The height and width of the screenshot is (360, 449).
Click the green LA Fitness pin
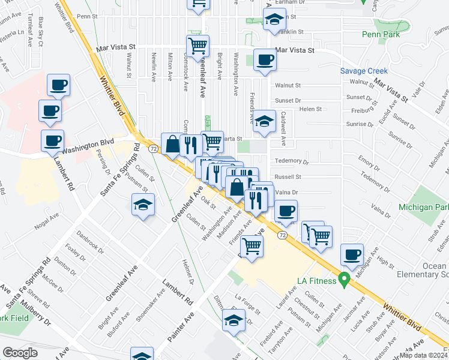click(x=344, y=280)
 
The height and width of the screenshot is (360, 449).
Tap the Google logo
click(x=20, y=353)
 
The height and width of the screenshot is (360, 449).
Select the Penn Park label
click(x=380, y=34)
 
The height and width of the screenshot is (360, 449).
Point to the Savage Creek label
click(x=364, y=71)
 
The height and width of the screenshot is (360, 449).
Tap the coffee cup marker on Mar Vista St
click(x=265, y=60)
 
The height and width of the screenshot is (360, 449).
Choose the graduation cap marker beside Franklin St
click(x=274, y=20)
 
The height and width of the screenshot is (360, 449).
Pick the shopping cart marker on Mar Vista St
click(x=197, y=46)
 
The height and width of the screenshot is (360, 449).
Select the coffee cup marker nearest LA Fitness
click(x=352, y=254)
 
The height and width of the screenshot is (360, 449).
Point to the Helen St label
click(x=310, y=109)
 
